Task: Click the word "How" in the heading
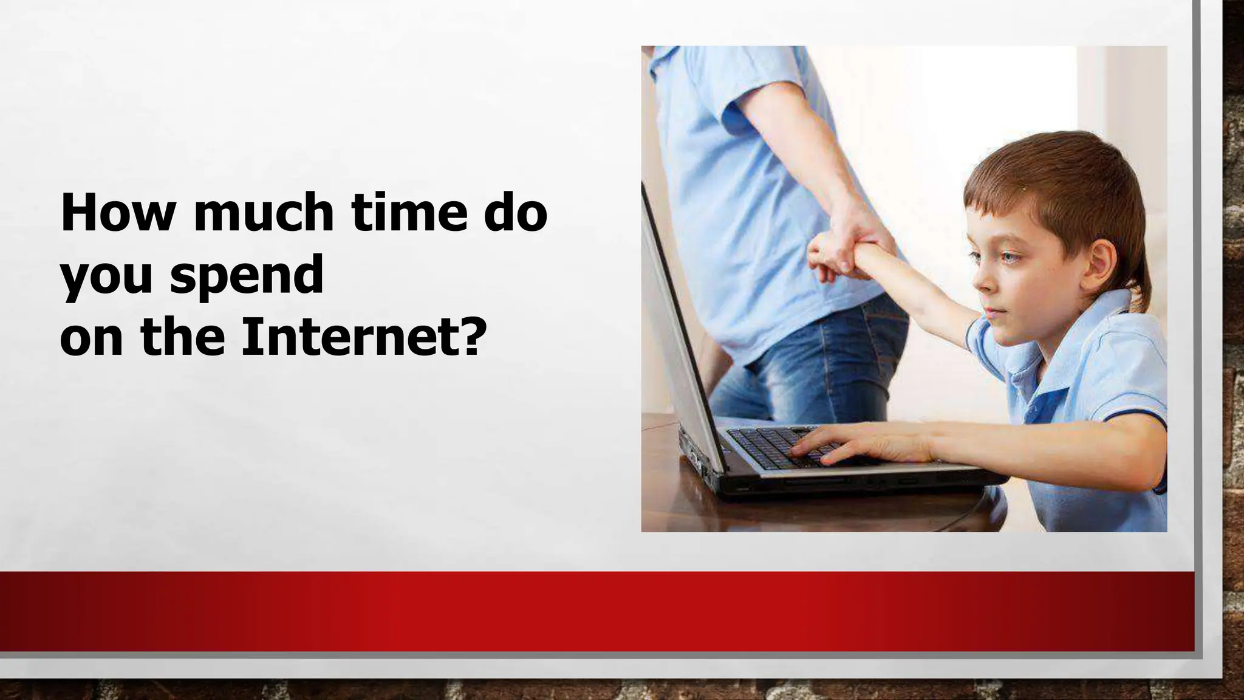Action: (x=117, y=213)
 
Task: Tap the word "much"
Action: (x=263, y=213)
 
